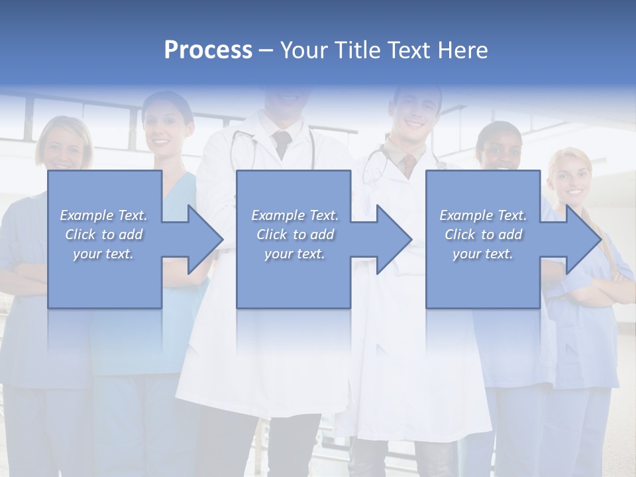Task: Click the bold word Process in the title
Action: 208,50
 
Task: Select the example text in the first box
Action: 104,234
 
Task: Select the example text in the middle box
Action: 295,234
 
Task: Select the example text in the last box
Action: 483,234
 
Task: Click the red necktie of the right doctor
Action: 410,162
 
